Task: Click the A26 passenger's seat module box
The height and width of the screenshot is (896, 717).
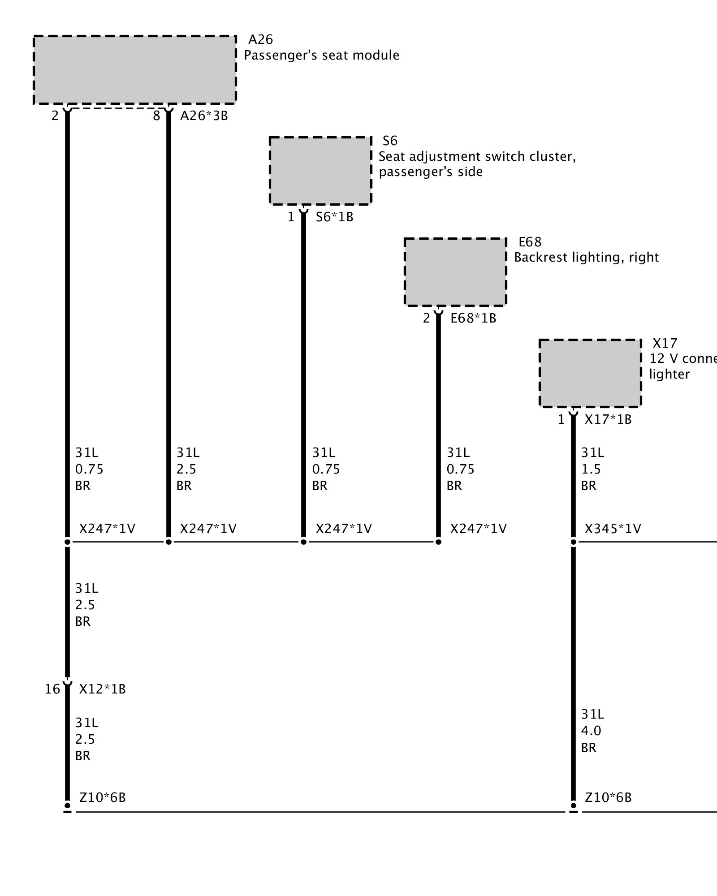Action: tap(134, 69)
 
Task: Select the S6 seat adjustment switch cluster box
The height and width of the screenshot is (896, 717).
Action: tap(320, 171)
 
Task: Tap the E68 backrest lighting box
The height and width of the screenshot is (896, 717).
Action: tap(455, 272)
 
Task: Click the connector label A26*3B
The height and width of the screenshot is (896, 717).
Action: tap(204, 116)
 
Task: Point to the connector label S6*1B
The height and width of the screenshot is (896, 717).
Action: tap(334, 217)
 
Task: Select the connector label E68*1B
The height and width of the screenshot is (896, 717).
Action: tap(473, 318)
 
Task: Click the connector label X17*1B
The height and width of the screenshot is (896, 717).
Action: tap(608, 419)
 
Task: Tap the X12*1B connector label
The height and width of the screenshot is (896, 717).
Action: tap(102, 689)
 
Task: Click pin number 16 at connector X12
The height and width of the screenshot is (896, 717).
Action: tap(52, 689)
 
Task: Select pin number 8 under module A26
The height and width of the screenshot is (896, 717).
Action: tap(156, 116)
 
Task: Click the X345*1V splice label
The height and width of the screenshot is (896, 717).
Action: tap(613, 529)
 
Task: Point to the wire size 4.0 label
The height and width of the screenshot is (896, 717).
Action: tap(591, 731)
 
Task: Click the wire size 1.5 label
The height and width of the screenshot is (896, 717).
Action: tap(591, 469)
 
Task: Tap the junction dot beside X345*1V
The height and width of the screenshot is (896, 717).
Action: tap(573, 542)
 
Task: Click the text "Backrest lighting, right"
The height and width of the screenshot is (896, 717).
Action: tap(586, 257)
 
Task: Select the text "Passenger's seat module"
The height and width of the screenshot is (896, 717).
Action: tap(321, 55)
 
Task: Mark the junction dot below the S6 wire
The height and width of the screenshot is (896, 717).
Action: tap(303, 542)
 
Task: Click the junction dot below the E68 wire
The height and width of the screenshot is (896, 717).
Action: tap(438, 542)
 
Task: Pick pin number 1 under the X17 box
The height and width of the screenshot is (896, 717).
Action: tap(561, 419)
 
